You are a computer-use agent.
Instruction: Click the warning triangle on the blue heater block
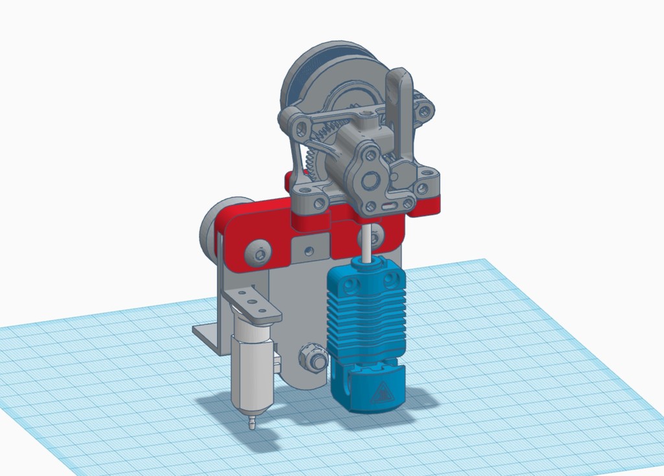tap(382, 392)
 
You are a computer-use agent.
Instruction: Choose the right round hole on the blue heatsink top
tap(390, 280)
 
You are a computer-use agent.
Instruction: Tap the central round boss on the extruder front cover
tap(372, 180)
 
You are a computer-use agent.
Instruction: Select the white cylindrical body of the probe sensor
tap(251, 370)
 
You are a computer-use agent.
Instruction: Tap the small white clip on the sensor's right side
tap(277, 358)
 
